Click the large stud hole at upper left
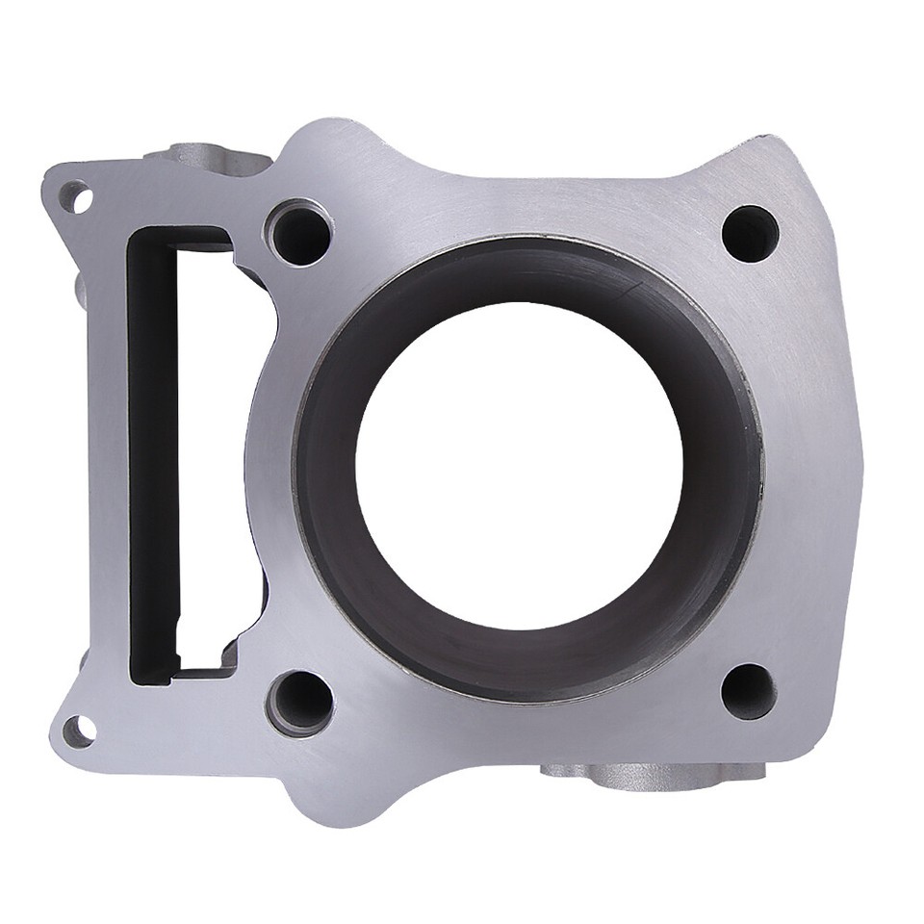click(x=300, y=233)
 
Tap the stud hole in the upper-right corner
click(x=750, y=234)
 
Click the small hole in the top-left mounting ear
click(x=80, y=199)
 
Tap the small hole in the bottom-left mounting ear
click(x=79, y=731)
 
